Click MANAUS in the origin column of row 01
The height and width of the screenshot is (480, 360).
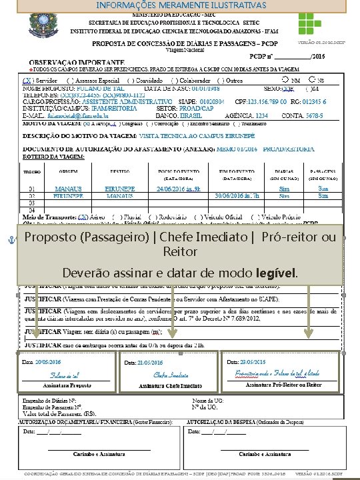click(x=68, y=189)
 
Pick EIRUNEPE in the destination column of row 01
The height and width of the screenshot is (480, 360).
click(x=120, y=189)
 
